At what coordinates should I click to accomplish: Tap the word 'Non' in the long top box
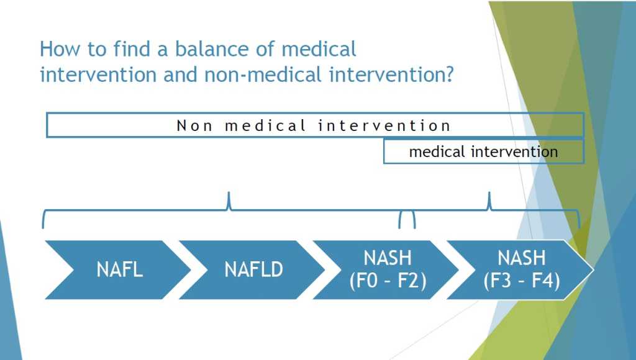click(194, 125)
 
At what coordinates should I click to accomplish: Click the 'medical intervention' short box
click(483, 151)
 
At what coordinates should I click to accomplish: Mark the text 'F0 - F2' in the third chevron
click(388, 281)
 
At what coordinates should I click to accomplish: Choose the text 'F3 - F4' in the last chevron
click(522, 281)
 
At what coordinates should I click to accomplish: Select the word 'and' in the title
click(180, 75)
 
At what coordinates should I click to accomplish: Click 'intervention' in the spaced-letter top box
click(384, 125)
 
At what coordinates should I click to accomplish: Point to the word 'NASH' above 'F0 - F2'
click(388, 258)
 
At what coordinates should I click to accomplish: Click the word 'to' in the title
click(97, 49)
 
